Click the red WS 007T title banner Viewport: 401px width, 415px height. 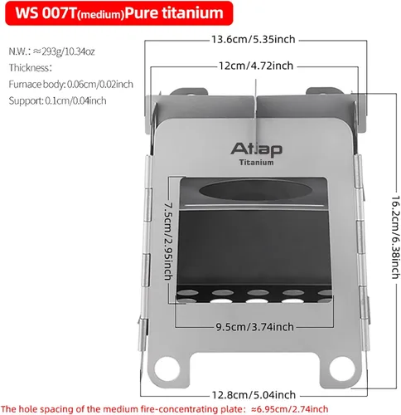[x=119, y=13]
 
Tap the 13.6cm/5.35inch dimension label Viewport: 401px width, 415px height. [x=254, y=40]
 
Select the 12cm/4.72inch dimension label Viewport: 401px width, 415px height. [x=256, y=66]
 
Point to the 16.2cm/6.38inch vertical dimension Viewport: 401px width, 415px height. [x=395, y=237]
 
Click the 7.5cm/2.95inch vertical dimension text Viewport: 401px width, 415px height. [x=168, y=242]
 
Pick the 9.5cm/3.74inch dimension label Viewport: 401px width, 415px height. [x=254, y=327]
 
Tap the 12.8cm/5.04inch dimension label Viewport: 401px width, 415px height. [x=254, y=395]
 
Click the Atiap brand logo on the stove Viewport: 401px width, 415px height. [x=257, y=149]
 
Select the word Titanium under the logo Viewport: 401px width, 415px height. [x=257, y=163]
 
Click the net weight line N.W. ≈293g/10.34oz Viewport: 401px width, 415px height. [x=52, y=51]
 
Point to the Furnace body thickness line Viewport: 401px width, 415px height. [x=70, y=84]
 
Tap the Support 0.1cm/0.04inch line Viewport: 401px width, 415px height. [x=57, y=100]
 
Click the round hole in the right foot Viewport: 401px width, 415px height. [x=342, y=369]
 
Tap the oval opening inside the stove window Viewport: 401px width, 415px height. [x=255, y=190]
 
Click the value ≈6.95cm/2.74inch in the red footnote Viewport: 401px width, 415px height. [x=290, y=409]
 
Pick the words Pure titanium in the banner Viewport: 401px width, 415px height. [x=174, y=13]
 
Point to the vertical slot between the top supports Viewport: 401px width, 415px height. [x=256, y=110]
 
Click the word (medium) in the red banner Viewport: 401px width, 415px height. [x=100, y=15]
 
